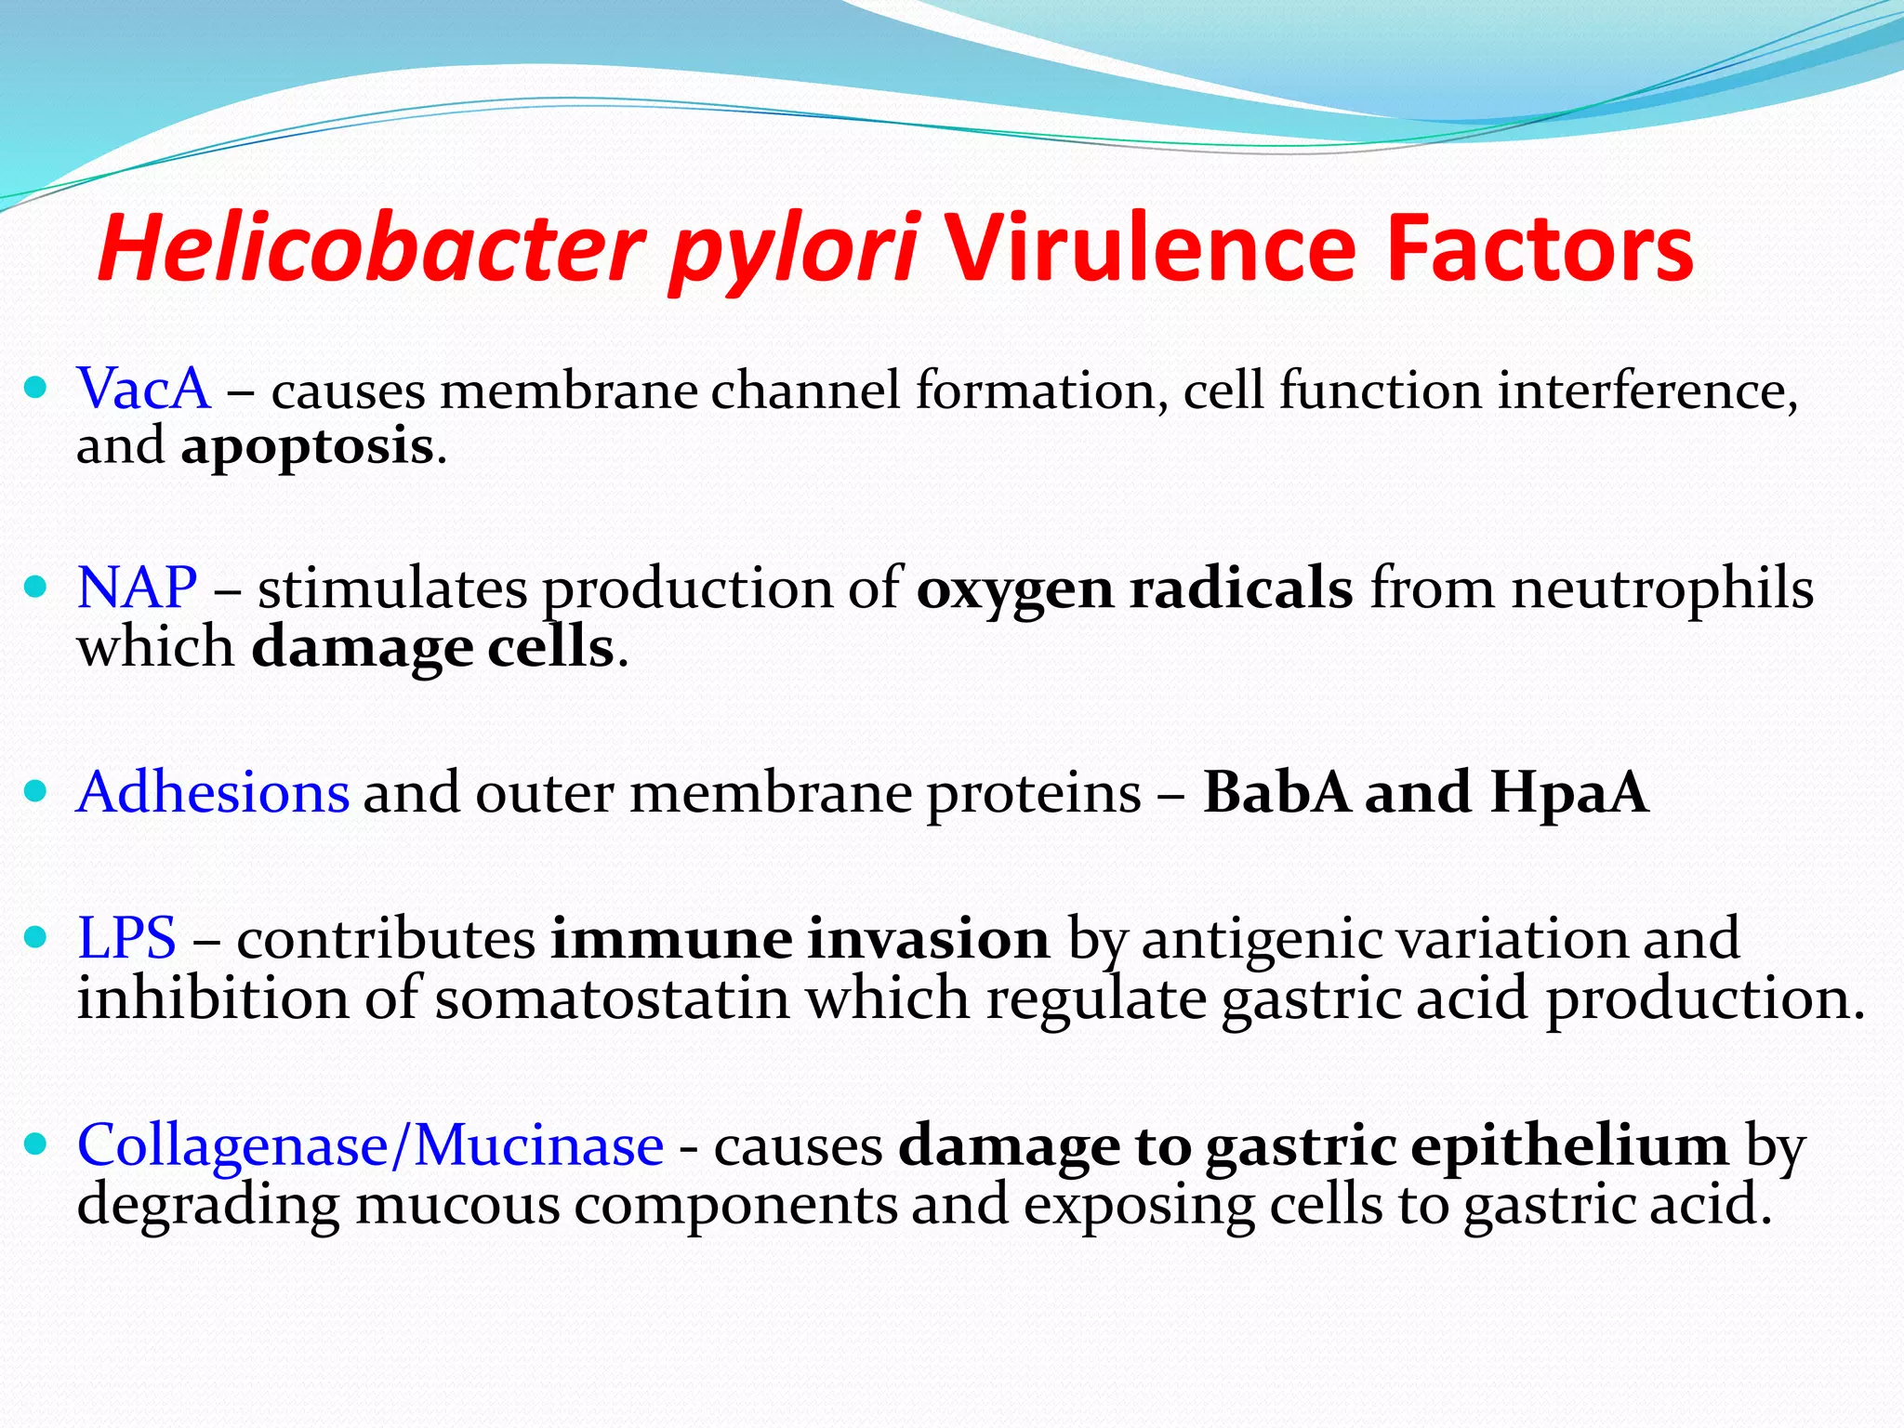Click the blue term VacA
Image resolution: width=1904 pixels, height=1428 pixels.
[144, 389]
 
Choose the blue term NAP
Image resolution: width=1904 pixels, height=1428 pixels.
[138, 588]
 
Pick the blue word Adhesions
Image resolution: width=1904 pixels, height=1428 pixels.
[213, 792]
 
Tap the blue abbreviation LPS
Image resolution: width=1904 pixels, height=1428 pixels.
[126, 937]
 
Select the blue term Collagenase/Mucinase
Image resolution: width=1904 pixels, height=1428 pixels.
[370, 1144]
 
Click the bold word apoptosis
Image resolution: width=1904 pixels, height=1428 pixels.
[307, 447]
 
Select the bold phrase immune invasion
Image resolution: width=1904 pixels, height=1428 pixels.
[800, 937]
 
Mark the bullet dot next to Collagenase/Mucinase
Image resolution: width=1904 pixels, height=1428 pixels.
[35, 1144]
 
